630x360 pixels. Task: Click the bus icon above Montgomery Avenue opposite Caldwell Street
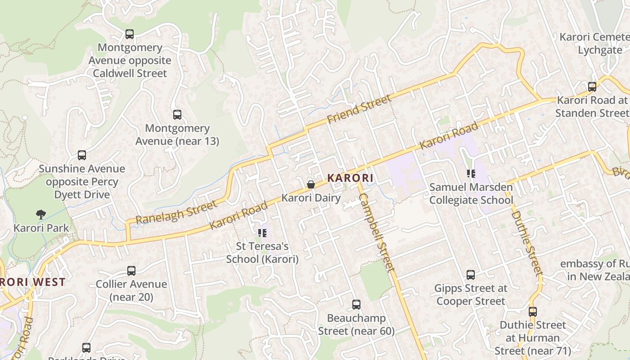(x=130, y=34)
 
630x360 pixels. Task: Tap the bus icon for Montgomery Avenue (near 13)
(x=177, y=115)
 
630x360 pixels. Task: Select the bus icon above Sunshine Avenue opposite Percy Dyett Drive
(x=82, y=155)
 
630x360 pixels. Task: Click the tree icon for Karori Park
(x=41, y=214)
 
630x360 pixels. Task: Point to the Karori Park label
(x=41, y=228)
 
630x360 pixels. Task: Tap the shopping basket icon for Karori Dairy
(x=310, y=184)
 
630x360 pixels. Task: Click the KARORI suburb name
(x=350, y=178)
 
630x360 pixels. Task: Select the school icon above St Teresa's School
(x=262, y=233)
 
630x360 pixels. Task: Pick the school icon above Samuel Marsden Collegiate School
(x=471, y=173)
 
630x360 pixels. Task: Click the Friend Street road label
(x=359, y=109)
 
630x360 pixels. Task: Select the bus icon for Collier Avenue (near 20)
(x=131, y=271)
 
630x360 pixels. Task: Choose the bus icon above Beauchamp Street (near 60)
(x=356, y=305)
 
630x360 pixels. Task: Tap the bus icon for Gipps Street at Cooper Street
(x=471, y=274)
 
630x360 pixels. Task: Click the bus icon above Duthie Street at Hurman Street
(x=533, y=311)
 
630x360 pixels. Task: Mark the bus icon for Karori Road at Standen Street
(x=592, y=87)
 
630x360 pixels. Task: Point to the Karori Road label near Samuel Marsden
(x=448, y=136)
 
